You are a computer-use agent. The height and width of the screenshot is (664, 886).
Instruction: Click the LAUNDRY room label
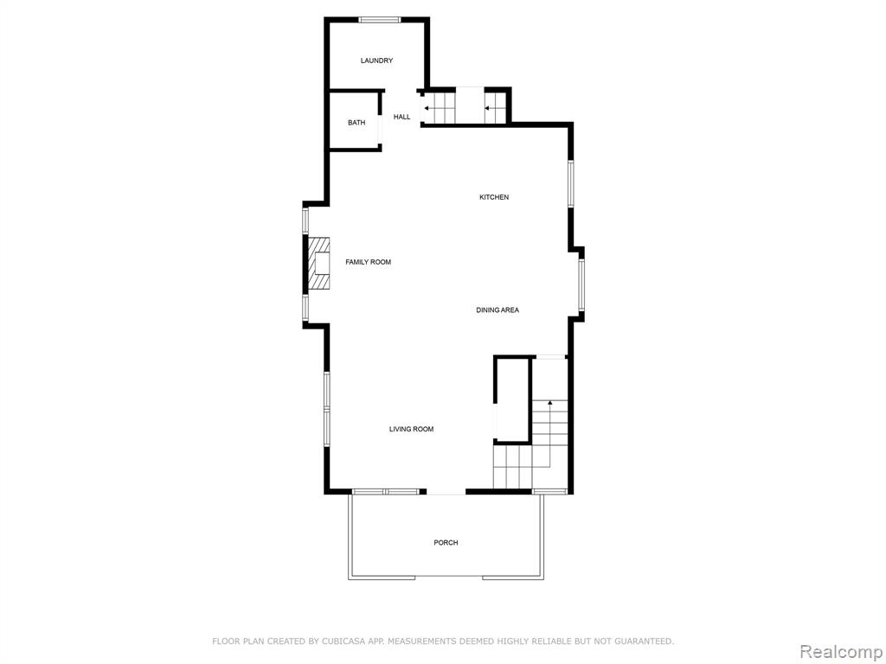pyautogui.click(x=377, y=61)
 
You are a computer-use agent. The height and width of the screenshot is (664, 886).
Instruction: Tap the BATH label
pyautogui.click(x=356, y=123)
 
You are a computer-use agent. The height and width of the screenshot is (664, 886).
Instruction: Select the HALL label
pyautogui.click(x=402, y=117)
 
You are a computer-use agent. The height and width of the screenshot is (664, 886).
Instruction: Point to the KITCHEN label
pyautogui.click(x=494, y=197)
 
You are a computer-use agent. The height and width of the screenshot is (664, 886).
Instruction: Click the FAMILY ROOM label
pyautogui.click(x=369, y=262)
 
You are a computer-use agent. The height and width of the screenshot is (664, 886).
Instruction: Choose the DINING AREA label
pyautogui.click(x=498, y=310)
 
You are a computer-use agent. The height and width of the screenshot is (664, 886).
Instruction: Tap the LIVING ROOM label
pyautogui.click(x=411, y=429)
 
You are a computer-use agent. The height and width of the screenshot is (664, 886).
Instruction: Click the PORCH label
pyautogui.click(x=446, y=543)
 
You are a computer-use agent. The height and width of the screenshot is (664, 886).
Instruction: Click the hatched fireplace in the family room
pyautogui.click(x=318, y=264)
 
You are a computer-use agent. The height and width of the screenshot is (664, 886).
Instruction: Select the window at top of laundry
pyautogui.click(x=380, y=21)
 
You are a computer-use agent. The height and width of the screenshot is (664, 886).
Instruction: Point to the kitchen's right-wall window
pyautogui.click(x=571, y=183)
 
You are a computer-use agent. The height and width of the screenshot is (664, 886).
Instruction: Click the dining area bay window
pyautogui.click(x=581, y=285)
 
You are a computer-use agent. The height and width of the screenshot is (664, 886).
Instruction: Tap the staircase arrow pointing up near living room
pyautogui.click(x=549, y=434)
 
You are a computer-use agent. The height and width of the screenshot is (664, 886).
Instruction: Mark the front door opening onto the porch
pyautogui.click(x=446, y=493)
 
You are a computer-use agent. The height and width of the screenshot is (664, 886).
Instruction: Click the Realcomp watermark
pyautogui.click(x=841, y=652)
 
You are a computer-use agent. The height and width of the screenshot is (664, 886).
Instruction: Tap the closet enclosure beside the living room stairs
pyautogui.click(x=512, y=399)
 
